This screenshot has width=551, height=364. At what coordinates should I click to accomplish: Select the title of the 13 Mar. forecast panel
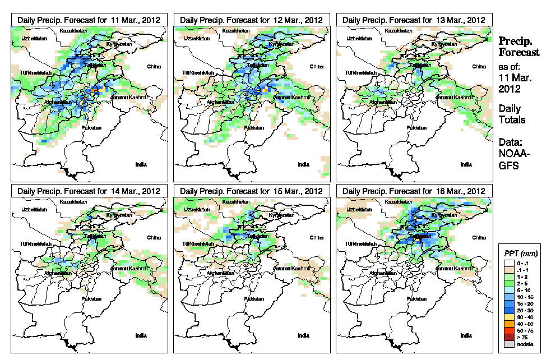click(x=414, y=20)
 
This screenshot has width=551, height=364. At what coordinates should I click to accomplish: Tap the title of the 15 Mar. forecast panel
click(x=251, y=191)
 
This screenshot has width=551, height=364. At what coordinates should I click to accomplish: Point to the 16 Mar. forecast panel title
click(x=414, y=191)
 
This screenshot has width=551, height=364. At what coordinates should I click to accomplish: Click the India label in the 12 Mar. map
click(x=303, y=164)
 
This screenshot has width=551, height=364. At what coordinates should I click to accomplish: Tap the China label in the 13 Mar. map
click(x=478, y=66)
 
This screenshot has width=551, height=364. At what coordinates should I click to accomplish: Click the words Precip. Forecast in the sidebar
click(x=519, y=47)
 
